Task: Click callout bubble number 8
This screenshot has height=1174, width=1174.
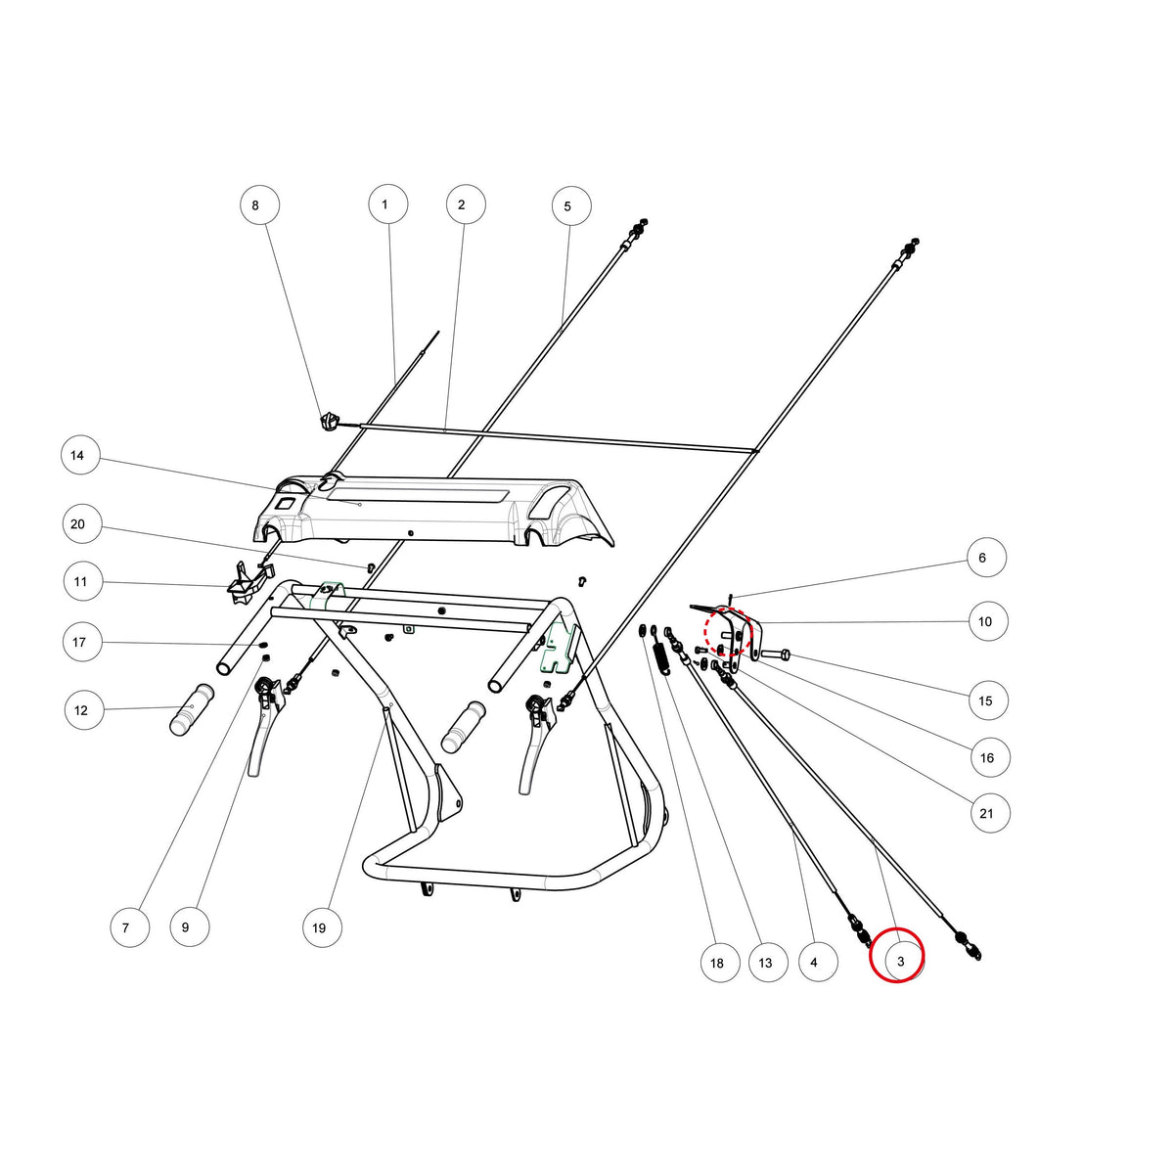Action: tap(260, 205)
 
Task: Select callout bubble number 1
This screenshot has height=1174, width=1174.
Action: tap(388, 204)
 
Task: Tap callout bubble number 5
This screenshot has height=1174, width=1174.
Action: tap(570, 206)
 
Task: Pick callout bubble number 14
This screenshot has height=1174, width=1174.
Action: tap(80, 455)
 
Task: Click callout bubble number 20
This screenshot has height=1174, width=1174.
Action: tap(82, 524)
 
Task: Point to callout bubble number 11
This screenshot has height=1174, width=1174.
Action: tap(83, 581)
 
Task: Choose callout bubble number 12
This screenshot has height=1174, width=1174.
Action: tap(84, 709)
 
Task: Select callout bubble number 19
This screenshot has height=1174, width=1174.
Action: tap(322, 927)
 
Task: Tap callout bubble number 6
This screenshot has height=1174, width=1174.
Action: tap(986, 558)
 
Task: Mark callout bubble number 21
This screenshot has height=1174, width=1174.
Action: tap(990, 813)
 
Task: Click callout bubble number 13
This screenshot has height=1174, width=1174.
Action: tap(768, 963)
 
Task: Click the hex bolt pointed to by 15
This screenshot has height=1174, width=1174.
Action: tap(775, 655)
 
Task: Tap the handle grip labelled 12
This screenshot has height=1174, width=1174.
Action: tap(192, 709)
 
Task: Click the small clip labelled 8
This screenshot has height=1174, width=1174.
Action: tap(329, 421)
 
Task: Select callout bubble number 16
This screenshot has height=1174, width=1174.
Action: tap(991, 757)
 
